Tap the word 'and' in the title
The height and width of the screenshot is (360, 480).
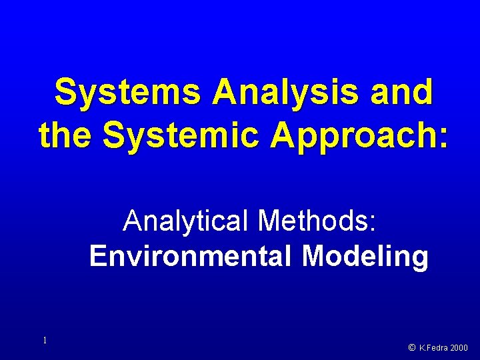click(x=403, y=93)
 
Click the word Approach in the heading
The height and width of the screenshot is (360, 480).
click(x=350, y=137)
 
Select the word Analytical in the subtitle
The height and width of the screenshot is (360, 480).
click(x=185, y=221)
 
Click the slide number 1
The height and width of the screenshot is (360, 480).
click(x=45, y=341)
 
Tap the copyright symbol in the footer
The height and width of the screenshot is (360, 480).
click(x=412, y=347)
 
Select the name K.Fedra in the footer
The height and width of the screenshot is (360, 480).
click(x=434, y=347)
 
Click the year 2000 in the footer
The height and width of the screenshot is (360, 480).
click(x=460, y=347)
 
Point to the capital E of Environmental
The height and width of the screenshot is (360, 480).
click(x=97, y=256)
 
